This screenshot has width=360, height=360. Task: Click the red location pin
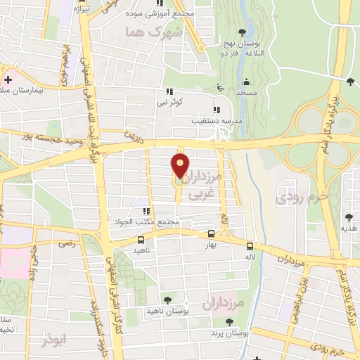point(181,166)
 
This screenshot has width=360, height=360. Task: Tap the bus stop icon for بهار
point(212,233)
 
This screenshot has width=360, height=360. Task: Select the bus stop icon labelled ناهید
point(141,240)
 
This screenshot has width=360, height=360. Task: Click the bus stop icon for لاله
point(250,245)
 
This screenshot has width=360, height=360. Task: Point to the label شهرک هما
point(152,33)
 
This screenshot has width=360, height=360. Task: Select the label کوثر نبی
point(169,103)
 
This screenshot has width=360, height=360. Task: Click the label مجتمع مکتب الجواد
point(149,222)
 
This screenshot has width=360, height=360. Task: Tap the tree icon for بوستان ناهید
point(167,300)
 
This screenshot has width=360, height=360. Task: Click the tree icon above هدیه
point(349,217)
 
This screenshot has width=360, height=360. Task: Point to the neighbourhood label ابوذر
point(53,340)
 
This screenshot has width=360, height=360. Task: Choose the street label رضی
point(67,243)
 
